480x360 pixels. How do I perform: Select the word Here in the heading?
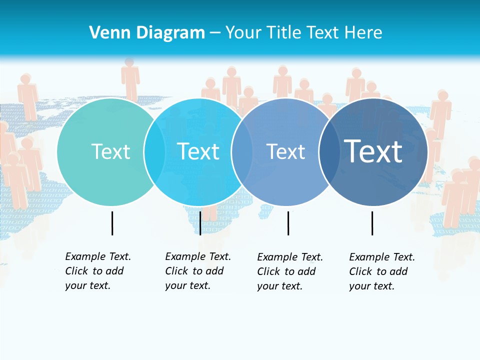click(x=364, y=33)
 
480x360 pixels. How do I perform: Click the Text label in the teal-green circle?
click(x=110, y=151)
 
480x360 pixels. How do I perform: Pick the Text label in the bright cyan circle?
click(x=198, y=151)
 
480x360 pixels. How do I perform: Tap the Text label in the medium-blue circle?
click(x=285, y=151)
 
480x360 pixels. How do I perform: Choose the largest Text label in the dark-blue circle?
click(x=373, y=151)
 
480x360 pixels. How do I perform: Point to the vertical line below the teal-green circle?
click(x=112, y=223)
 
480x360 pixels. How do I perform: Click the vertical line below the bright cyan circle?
click(x=200, y=223)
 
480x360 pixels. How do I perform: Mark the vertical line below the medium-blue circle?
click(x=288, y=223)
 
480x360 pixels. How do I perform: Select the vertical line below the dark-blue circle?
click(x=372, y=223)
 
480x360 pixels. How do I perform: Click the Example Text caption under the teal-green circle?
click(x=98, y=271)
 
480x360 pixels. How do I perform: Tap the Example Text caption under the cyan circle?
click(x=198, y=271)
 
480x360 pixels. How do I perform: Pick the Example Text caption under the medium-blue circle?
click(x=290, y=271)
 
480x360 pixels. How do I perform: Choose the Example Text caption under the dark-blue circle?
click(x=382, y=271)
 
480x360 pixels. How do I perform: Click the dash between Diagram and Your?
click(x=215, y=33)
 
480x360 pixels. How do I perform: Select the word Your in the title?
click(x=243, y=33)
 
